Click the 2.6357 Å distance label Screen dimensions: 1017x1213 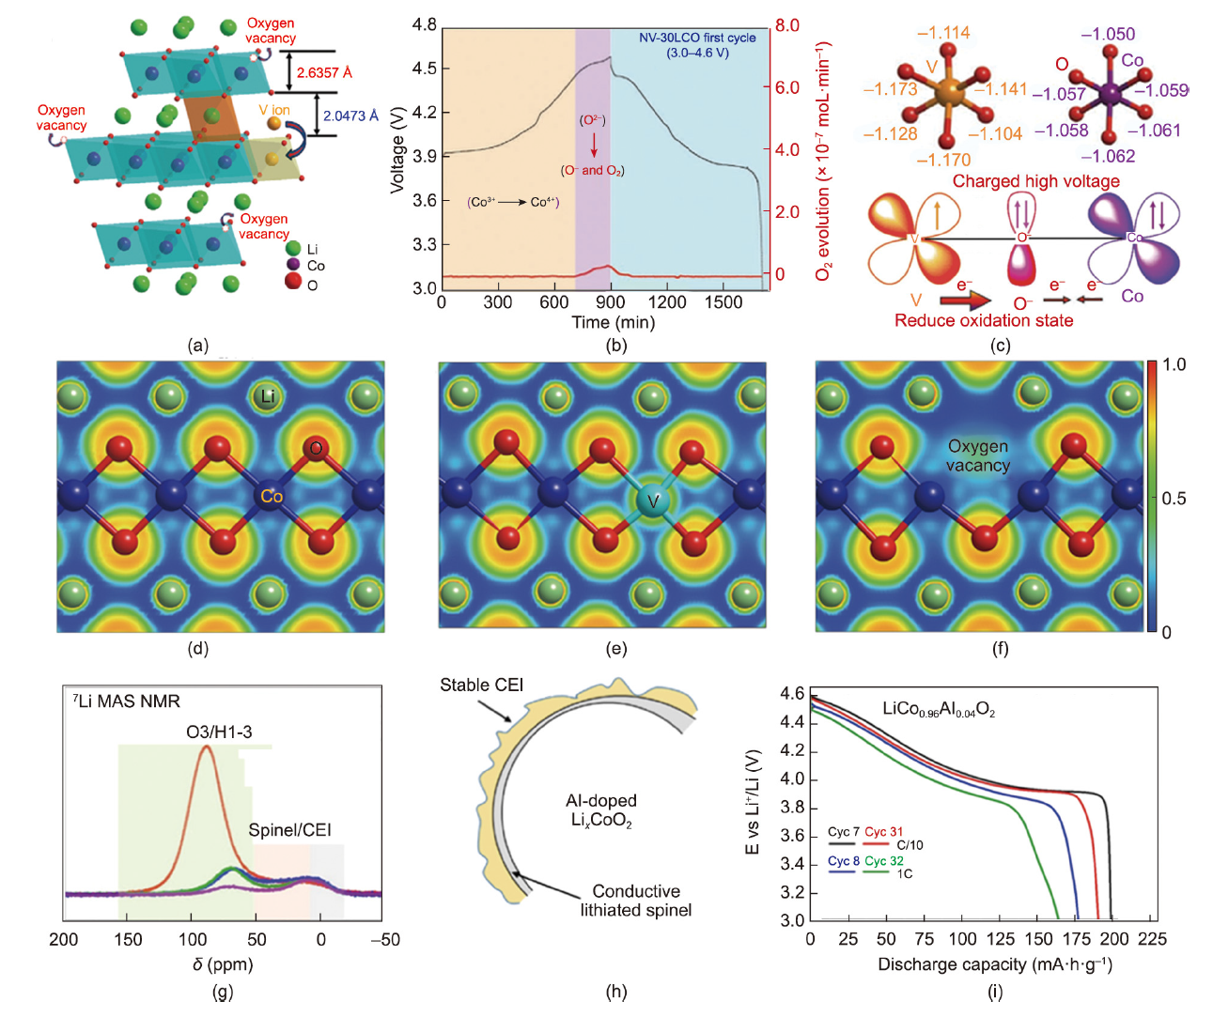click(x=324, y=72)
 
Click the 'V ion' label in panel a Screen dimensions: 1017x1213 click(x=274, y=110)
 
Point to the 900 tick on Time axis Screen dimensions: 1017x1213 click(x=610, y=302)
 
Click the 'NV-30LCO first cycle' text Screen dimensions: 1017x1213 click(x=697, y=38)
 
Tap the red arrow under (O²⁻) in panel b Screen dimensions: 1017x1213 click(x=594, y=145)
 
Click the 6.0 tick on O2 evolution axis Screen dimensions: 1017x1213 click(x=787, y=87)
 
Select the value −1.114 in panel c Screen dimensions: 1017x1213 click(x=942, y=33)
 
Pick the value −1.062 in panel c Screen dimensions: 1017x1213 click(x=1108, y=157)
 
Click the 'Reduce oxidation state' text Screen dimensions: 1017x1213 click(x=983, y=320)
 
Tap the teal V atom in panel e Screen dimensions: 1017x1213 click(x=652, y=501)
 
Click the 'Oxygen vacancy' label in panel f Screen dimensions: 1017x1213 click(x=977, y=455)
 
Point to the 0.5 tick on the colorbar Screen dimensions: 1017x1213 click(x=1174, y=498)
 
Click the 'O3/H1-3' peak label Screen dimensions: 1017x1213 click(x=219, y=732)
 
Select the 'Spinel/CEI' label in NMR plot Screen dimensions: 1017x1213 click(x=289, y=830)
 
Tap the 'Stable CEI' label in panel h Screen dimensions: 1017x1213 click(x=481, y=686)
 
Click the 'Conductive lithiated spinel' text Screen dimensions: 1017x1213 click(x=635, y=901)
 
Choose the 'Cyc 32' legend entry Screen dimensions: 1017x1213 click(x=884, y=861)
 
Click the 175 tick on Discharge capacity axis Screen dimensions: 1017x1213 click(x=1077, y=939)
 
